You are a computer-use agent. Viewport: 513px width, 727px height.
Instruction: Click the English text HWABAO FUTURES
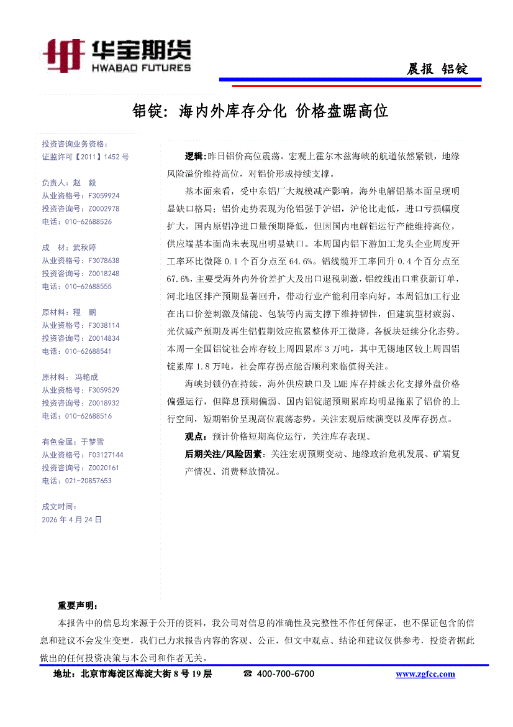click(140, 67)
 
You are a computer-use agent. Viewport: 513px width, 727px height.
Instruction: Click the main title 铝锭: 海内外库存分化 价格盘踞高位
click(261, 112)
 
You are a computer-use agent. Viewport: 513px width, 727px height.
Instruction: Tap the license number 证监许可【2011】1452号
click(85, 157)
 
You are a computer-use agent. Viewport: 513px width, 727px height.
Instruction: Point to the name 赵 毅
click(84, 183)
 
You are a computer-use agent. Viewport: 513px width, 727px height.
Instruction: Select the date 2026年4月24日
click(71, 519)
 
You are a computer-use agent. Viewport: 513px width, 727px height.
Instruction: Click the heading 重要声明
click(77, 605)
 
